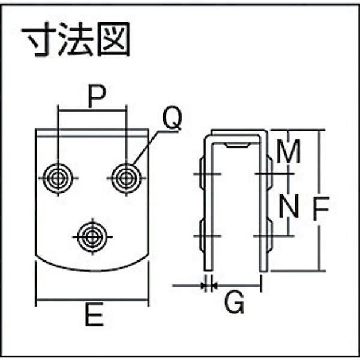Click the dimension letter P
pos(97,97)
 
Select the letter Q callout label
pos(172,118)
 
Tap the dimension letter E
pos(94,314)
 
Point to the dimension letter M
pos(289,151)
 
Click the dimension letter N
pos(289,206)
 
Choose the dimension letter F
pos(321,209)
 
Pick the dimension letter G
pos(234,303)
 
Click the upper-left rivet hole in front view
pos(58,178)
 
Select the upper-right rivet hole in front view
pos(126,178)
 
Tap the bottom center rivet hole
pos(92,237)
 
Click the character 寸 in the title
pos(38,39)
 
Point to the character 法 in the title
pos(76,39)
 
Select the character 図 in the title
pos(113,39)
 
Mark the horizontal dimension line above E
pos(92,299)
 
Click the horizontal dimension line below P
pos(92,110)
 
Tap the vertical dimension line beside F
pos(319,200)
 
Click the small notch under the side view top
pos(237,145)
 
